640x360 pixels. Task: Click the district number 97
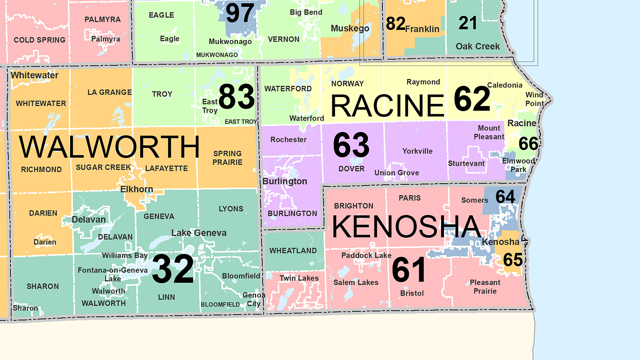click(x=240, y=13)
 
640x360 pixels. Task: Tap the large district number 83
click(x=237, y=97)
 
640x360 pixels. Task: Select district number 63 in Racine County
click(x=351, y=145)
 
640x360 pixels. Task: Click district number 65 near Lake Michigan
click(x=513, y=260)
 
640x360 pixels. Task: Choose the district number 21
click(x=468, y=23)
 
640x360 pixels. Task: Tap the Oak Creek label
click(x=477, y=46)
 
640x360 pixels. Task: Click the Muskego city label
click(x=350, y=29)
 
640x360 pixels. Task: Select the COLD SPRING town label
click(x=39, y=40)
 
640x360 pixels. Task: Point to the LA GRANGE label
click(x=109, y=92)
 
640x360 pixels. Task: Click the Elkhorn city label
click(x=137, y=189)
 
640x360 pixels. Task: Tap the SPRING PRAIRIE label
click(x=227, y=158)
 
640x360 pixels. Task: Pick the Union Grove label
click(x=397, y=173)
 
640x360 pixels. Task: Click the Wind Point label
click(x=534, y=99)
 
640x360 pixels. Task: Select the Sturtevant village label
click(x=466, y=163)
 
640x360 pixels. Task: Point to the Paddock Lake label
click(x=366, y=255)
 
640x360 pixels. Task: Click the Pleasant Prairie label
click(x=485, y=287)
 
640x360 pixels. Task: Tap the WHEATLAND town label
click(x=293, y=251)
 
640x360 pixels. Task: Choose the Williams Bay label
click(x=125, y=255)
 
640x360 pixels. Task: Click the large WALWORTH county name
click(x=109, y=147)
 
